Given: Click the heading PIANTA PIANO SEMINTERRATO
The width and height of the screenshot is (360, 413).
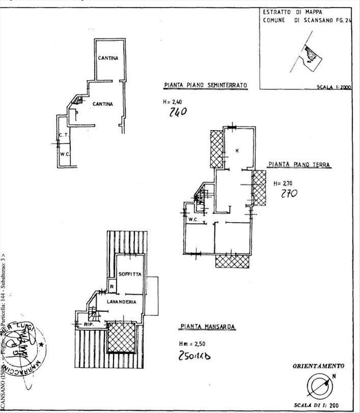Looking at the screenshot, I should (205, 85).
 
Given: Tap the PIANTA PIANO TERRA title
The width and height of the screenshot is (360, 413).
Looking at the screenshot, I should (299, 164).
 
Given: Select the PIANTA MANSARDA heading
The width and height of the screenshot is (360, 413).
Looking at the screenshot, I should (207, 327).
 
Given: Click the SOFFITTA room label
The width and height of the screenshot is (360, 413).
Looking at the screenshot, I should (130, 274).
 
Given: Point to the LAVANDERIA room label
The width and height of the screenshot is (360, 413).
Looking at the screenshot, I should (122, 302).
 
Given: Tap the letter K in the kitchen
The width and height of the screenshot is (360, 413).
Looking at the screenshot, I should (237, 151).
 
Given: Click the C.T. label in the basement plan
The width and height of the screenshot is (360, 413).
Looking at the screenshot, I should (63, 135).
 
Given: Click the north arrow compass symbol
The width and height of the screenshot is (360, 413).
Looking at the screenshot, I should (320, 386).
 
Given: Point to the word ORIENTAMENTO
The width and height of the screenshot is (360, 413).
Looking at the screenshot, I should (318, 366).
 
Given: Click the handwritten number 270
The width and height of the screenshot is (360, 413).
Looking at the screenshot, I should (289, 193).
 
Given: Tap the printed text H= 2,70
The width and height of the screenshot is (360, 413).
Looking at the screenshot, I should (283, 183).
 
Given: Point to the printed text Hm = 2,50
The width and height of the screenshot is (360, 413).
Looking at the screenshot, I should (191, 344).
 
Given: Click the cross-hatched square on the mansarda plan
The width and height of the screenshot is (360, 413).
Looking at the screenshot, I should (122, 338).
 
